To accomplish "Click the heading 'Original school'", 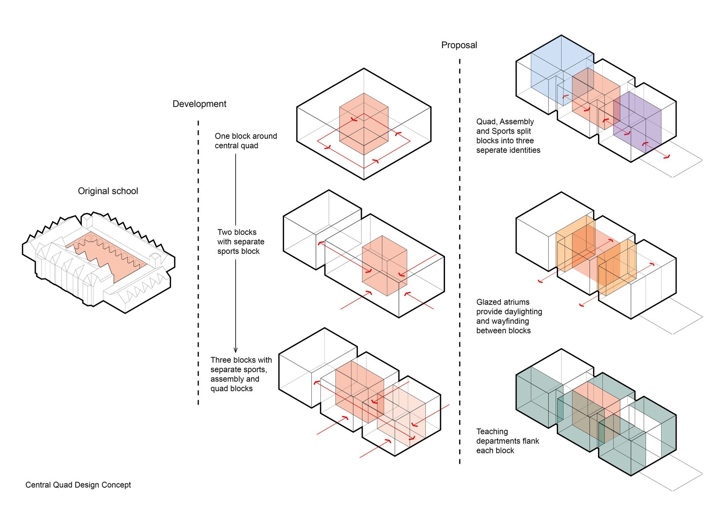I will [x=108, y=191].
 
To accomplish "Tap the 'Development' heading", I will [x=199, y=104].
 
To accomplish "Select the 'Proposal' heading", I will [x=459, y=45].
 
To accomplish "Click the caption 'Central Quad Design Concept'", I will [x=78, y=485].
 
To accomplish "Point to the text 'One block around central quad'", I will [x=245, y=141].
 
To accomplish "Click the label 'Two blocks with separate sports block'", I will [x=241, y=241].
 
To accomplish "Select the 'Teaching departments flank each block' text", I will [x=507, y=441].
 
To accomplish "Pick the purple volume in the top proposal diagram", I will [x=639, y=122].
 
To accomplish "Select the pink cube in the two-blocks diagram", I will [x=384, y=265].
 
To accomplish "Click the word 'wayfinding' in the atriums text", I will [x=508, y=321].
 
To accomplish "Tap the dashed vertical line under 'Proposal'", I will [x=460, y=261].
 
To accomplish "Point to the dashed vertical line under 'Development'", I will [x=198, y=261].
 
